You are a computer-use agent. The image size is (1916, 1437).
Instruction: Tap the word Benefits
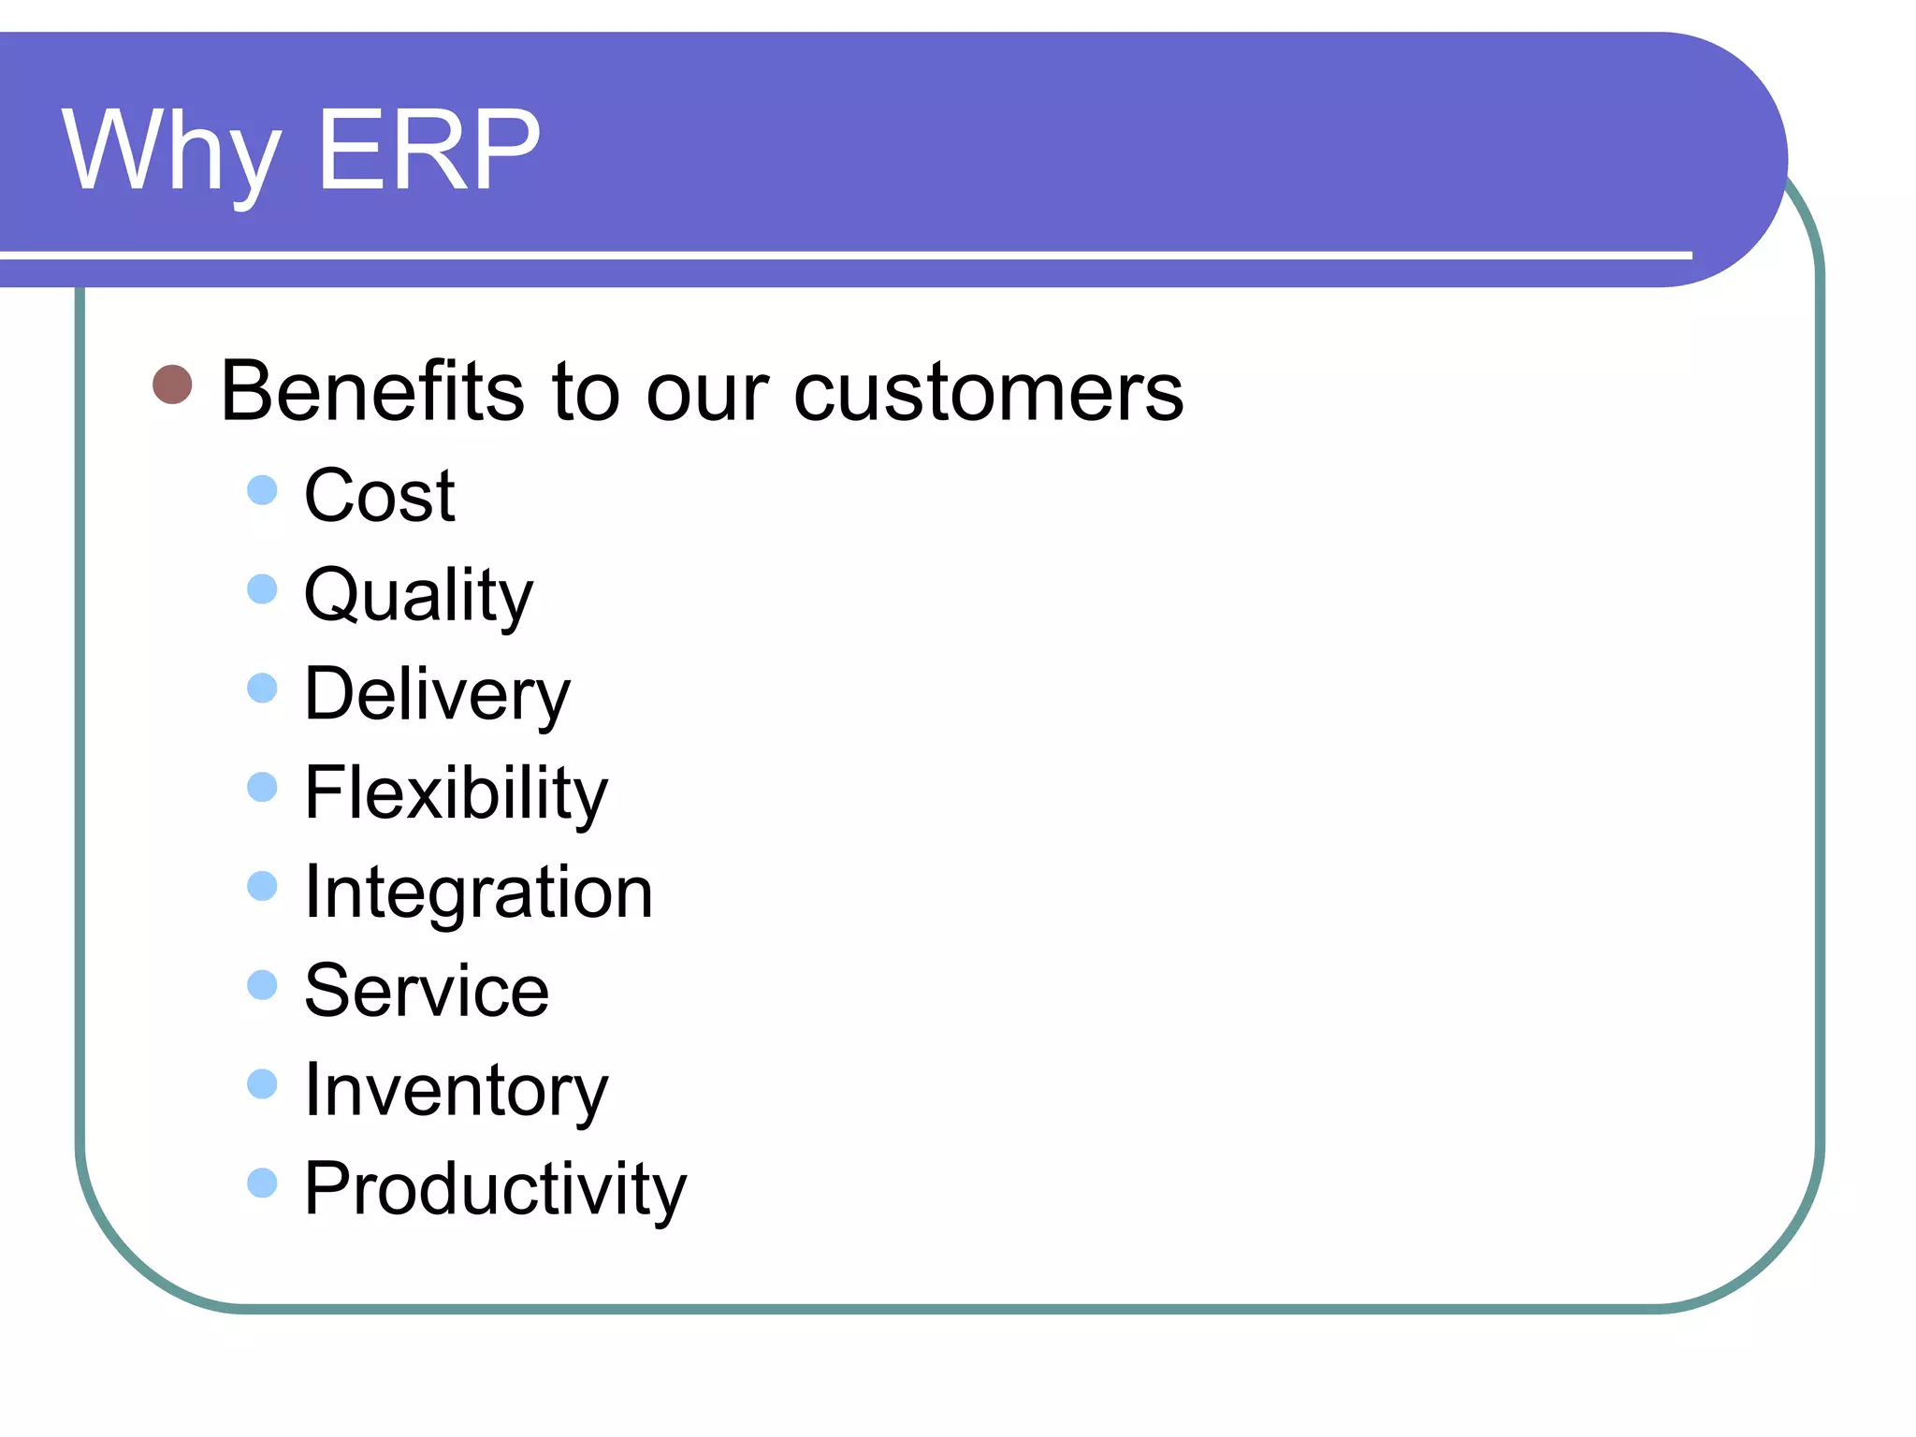click(372, 391)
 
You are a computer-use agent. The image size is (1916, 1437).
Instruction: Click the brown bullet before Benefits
click(172, 385)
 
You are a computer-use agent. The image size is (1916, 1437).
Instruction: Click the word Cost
click(379, 495)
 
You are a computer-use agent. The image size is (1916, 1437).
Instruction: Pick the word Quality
click(418, 596)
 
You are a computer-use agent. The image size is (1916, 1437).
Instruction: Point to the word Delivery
click(437, 695)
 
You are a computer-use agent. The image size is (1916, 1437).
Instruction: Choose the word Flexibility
click(456, 793)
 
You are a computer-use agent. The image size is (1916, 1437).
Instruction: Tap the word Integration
click(478, 893)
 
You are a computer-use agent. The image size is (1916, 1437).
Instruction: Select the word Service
click(427, 991)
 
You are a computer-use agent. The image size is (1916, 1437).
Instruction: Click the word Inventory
click(456, 1091)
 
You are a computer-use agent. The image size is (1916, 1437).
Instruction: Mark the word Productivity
click(495, 1190)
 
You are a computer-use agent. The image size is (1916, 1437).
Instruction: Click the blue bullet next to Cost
click(263, 490)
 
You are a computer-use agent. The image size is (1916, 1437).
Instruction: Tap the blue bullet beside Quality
click(263, 589)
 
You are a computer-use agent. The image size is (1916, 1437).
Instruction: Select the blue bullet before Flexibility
click(263, 787)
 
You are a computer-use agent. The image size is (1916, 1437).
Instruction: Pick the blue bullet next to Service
click(263, 985)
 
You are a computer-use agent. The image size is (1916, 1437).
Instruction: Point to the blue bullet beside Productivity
click(263, 1183)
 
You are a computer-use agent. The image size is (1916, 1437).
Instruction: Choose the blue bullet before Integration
click(263, 886)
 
